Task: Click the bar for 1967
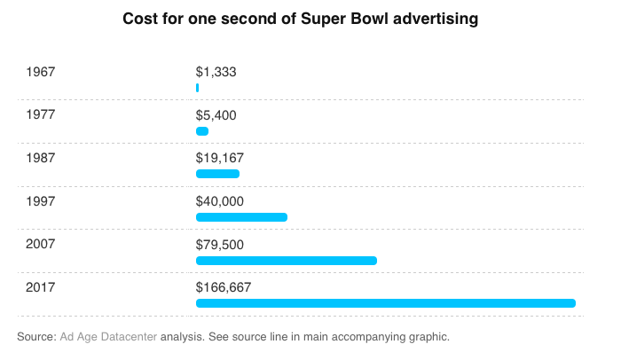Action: point(197,88)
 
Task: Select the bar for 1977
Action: point(202,131)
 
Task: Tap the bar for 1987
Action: point(217,174)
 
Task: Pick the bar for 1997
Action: point(241,217)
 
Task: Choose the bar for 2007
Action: point(287,261)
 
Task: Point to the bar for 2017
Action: point(386,303)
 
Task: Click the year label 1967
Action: point(41,71)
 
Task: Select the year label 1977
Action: point(41,114)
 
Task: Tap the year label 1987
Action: point(41,158)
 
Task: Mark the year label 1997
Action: point(41,201)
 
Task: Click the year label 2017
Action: point(41,287)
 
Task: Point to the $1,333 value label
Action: point(216,72)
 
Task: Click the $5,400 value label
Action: point(216,115)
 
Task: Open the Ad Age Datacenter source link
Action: point(108,337)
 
